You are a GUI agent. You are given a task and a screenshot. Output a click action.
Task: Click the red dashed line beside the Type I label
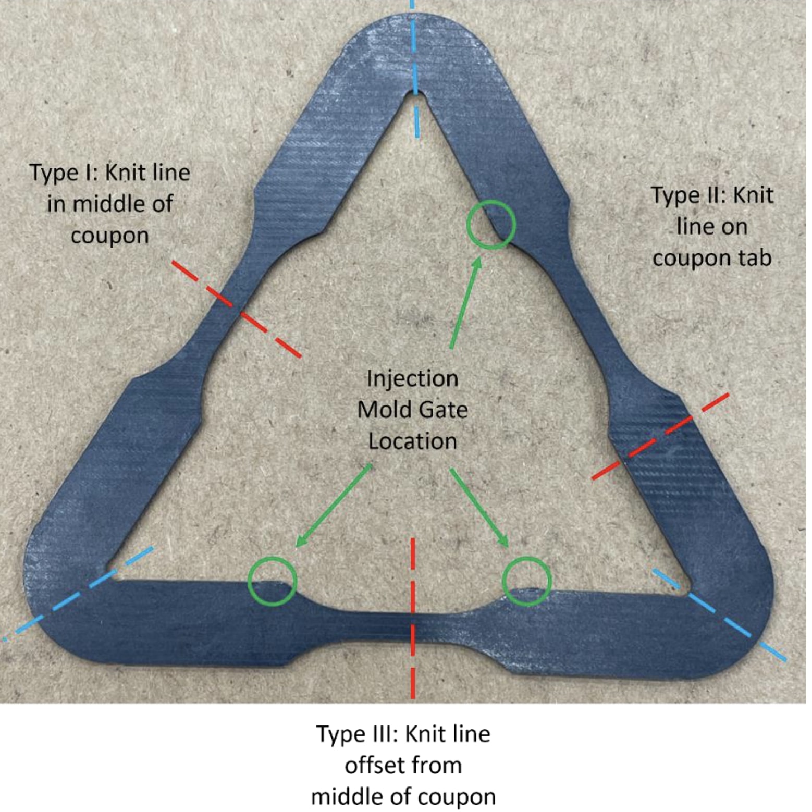click(x=236, y=309)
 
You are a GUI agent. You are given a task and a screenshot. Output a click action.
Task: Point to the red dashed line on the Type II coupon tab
click(x=661, y=436)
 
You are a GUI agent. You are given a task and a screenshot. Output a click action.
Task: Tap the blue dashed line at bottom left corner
click(x=78, y=592)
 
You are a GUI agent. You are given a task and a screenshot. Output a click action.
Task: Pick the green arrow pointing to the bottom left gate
click(x=334, y=506)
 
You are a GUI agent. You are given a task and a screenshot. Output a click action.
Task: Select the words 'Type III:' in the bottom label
click(x=356, y=734)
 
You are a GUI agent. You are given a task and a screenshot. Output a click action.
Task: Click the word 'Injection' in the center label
click(x=412, y=378)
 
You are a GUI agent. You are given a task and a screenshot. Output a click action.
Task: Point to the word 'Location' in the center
click(x=412, y=441)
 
